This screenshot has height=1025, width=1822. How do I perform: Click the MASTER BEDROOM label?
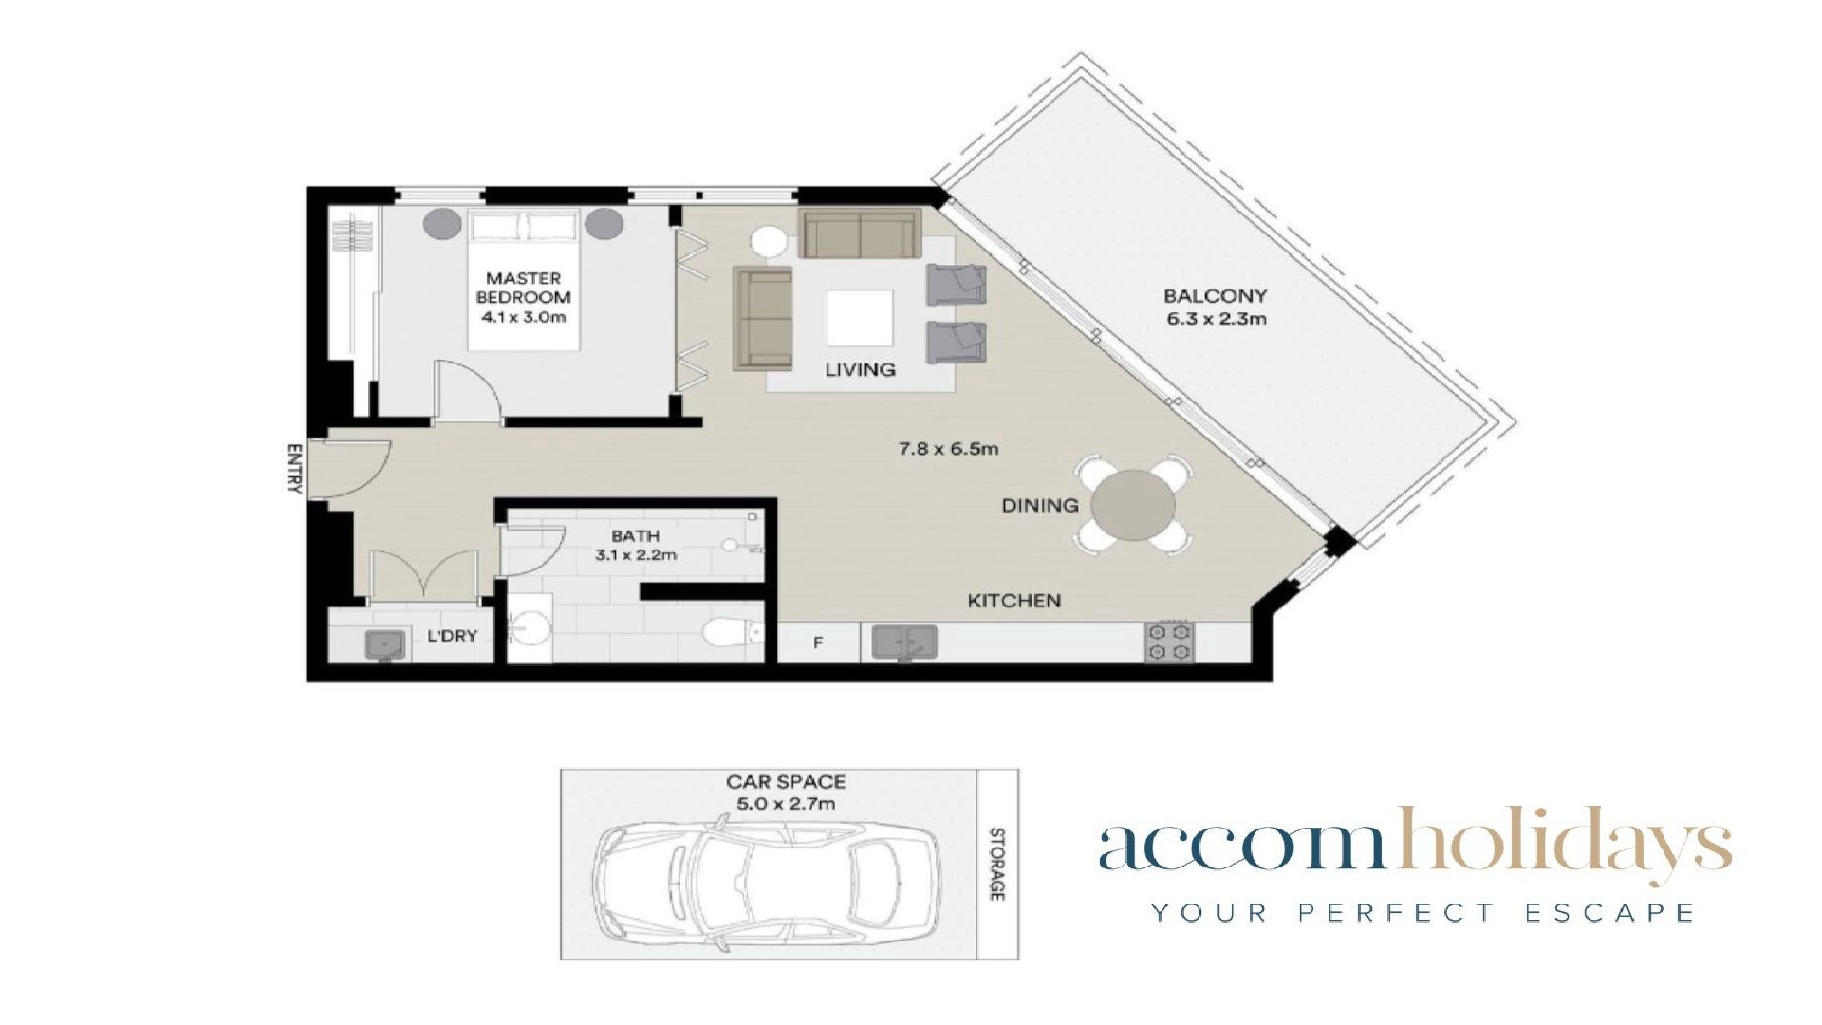(x=524, y=288)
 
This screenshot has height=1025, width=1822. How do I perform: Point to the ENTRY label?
(x=294, y=468)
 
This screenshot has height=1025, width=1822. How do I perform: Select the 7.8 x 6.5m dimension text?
(x=948, y=448)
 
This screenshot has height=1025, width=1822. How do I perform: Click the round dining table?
(x=1133, y=505)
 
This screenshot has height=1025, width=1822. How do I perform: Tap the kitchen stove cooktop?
(x=1168, y=641)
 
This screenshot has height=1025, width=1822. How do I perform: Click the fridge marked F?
(x=818, y=643)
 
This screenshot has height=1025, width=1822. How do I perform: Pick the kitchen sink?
(x=904, y=642)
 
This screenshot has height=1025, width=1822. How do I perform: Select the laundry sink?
(x=385, y=644)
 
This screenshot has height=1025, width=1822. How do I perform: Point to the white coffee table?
(x=860, y=318)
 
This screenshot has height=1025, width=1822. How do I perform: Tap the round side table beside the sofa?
(x=770, y=241)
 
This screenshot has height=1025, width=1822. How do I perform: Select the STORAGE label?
(x=997, y=865)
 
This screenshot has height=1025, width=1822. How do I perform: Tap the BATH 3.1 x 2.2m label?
(x=636, y=546)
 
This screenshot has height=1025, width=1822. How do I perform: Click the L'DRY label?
(x=452, y=635)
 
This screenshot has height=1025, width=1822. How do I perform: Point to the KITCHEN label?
(x=1013, y=601)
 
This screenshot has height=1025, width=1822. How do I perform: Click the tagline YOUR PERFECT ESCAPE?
(x=1422, y=913)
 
